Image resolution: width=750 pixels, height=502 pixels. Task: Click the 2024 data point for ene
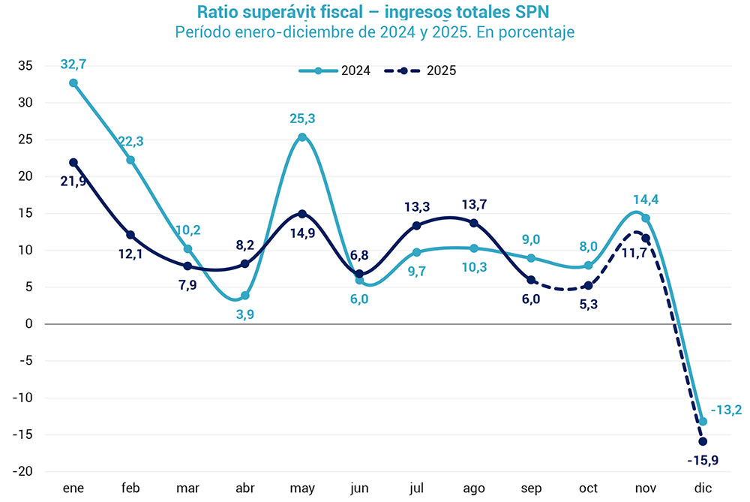coord(73,83)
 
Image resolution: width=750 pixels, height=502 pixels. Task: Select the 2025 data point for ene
coord(73,162)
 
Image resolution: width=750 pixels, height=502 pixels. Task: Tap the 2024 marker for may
coord(302,137)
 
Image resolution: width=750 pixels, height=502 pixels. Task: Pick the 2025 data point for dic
coord(703,441)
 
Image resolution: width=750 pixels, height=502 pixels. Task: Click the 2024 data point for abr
coord(245,295)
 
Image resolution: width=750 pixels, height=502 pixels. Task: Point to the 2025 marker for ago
coord(474,223)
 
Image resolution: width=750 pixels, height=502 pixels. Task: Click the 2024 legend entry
coord(334,71)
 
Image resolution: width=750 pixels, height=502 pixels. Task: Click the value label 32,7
coord(73,65)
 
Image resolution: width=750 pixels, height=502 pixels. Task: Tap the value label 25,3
coord(302,119)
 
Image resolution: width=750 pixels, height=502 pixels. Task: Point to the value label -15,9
coord(703,460)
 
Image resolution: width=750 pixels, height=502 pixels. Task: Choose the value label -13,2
coord(726,410)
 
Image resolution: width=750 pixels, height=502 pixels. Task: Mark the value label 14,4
coord(646,200)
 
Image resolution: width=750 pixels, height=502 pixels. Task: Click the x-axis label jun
coord(359,488)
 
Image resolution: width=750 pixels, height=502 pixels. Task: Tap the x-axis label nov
coord(646,488)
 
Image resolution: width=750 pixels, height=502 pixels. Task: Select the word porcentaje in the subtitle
coord(535,33)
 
